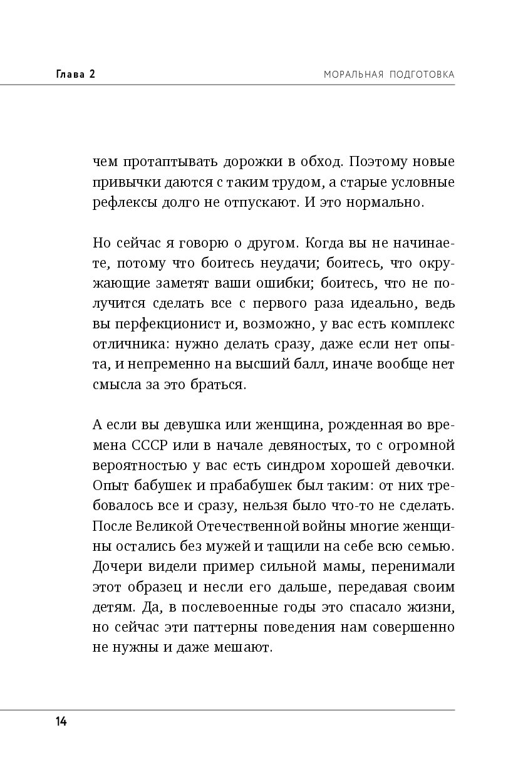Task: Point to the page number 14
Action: click(x=61, y=721)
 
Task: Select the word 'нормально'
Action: click(x=381, y=203)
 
